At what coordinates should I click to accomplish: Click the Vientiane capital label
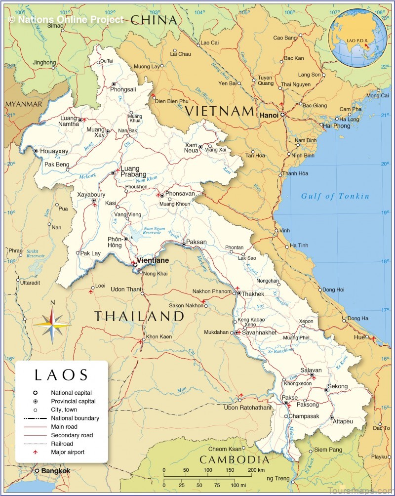[x=153, y=260]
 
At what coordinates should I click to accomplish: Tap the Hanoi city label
[x=269, y=115]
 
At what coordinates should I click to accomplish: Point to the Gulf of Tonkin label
[x=335, y=196]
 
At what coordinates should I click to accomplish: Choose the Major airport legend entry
[x=68, y=452]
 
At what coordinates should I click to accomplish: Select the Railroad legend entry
[x=62, y=444]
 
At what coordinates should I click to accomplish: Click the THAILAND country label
[x=139, y=316]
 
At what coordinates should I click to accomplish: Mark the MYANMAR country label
[x=24, y=104]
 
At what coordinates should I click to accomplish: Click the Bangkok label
[x=55, y=471]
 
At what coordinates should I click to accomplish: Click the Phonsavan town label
[x=180, y=194]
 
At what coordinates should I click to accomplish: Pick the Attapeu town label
[x=343, y=421]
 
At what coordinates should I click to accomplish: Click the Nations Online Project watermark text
[x=66, y=20]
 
